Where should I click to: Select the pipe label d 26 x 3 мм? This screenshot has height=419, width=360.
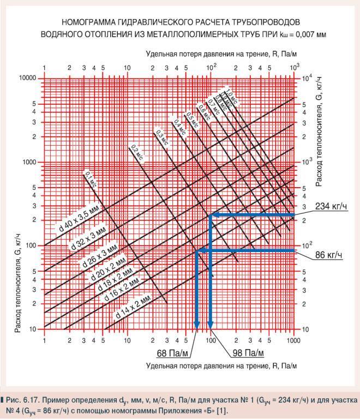coord(100,254)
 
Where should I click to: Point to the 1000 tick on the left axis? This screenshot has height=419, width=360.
coord(28,162)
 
